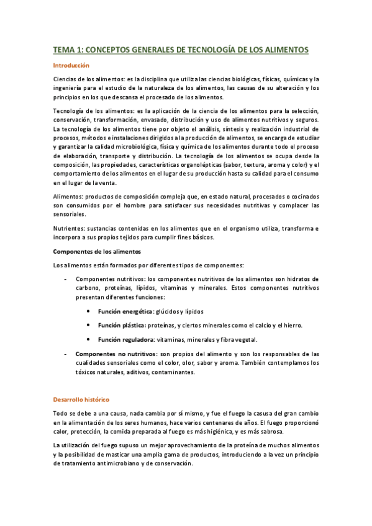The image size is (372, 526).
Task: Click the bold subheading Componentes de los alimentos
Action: coord(97,251)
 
